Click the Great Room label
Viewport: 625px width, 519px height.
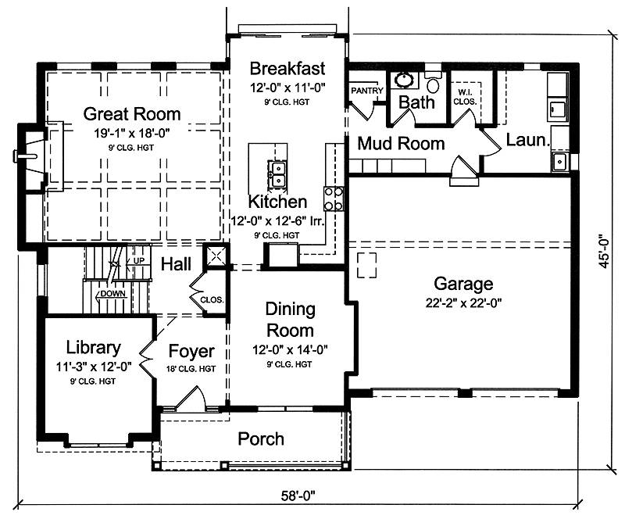click(132, 114)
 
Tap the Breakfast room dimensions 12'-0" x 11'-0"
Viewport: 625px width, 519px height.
click(287, 88)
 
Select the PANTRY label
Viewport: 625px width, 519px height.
click(366, 91)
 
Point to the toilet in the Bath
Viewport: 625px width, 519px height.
click(433, 82)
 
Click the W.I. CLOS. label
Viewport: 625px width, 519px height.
click(465, 97)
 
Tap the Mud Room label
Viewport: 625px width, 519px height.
click(401, 144)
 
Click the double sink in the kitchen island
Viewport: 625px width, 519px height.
click(277, 174)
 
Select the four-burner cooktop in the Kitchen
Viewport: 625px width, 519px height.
click(334, 199)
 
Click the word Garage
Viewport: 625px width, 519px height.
click(463, 284)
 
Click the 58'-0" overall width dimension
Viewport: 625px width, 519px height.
click(298, 496)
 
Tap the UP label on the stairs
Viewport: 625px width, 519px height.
click(139, 261)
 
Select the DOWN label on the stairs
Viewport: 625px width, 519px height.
click(112, 294)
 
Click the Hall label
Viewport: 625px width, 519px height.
click(177, 264)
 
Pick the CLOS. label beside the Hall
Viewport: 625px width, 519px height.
click(212, 299)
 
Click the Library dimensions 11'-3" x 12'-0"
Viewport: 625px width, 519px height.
click(94, 367)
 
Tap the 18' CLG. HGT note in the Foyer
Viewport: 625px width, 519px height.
click(191, 369)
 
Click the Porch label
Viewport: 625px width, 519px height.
click(261, 438)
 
